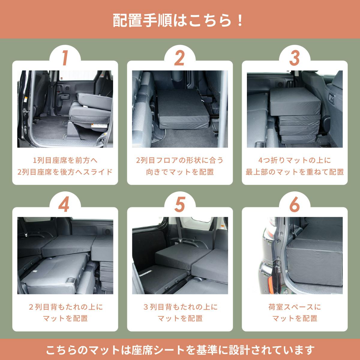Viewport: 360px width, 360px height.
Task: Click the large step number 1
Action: point(65,58)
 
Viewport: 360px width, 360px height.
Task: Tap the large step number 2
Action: point(179,58)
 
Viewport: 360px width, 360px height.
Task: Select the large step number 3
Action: point(294,58)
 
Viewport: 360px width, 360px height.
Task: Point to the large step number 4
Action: point(64,204)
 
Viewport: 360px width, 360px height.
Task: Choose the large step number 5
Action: point(179,204)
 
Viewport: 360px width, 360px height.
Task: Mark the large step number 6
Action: point(294,204)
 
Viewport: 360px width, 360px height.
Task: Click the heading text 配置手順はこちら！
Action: point(178,21)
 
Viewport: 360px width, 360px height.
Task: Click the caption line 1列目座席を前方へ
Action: point(65,160)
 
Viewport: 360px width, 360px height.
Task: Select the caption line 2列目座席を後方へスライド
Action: point(65,172)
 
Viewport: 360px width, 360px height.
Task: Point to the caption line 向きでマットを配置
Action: point(180,172)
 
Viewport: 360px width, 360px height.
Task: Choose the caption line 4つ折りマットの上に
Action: point(295,160)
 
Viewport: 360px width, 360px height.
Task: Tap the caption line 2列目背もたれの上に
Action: point(66,307)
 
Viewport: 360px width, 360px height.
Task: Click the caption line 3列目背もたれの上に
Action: point(181,307)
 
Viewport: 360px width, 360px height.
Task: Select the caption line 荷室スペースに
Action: point(295,307)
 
